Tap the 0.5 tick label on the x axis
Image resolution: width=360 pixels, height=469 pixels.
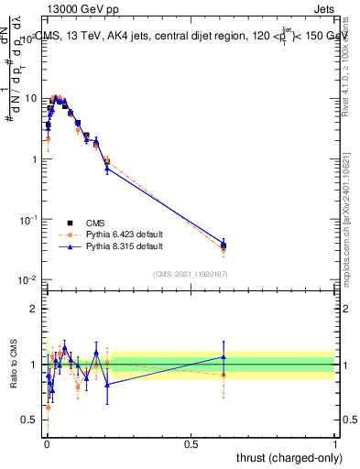coord(191,442)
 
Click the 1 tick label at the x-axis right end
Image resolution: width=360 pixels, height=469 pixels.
coord(335,442)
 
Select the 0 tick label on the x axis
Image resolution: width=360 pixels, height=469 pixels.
coord(46,442)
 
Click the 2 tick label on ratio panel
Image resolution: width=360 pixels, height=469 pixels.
coord(35,309)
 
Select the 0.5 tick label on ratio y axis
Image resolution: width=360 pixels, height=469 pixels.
coord(31,420)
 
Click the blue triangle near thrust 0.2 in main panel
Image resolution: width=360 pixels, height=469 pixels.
coord(107,168)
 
